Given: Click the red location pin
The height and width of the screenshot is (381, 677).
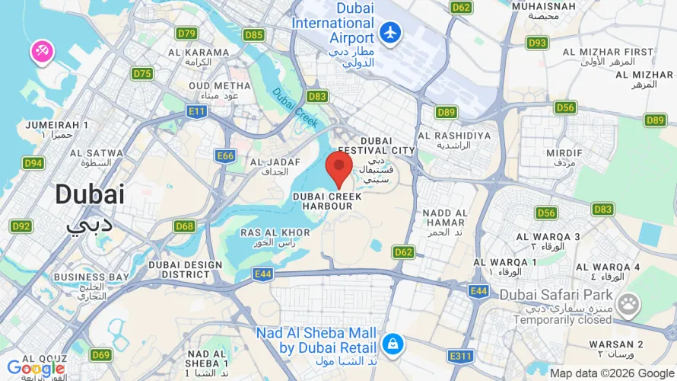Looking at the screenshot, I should (338, 168).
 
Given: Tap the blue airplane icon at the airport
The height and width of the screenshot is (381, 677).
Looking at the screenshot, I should (390, 34).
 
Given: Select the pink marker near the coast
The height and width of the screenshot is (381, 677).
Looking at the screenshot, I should (41, 52).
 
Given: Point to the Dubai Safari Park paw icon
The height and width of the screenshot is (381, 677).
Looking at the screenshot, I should (628, 306).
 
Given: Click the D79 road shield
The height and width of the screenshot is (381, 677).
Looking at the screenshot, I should (186, 34).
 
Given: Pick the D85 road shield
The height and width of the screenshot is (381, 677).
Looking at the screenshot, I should (254, 35).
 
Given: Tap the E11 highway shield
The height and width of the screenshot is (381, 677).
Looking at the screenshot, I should (197, 112).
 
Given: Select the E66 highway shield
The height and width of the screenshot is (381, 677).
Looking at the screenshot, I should (225, 155).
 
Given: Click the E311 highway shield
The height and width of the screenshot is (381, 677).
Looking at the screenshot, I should (461, 356).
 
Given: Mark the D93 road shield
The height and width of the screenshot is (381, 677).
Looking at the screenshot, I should (538, 43).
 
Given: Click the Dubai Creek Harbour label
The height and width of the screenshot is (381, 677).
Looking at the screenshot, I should (323, 201).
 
